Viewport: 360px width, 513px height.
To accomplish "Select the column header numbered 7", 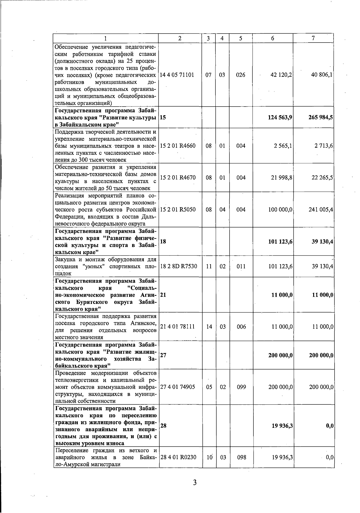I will (313, 38).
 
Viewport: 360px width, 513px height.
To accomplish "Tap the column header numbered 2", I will (180, 38).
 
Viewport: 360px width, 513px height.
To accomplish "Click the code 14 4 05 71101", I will (177, 75).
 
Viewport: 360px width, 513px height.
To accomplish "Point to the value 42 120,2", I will (281, 75).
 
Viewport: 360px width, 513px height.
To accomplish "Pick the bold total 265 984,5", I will (320, 117).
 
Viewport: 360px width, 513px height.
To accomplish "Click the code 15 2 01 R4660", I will (178, 146).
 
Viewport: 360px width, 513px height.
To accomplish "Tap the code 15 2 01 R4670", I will (178, 178).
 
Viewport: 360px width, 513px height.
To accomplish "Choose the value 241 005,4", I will (321, 209).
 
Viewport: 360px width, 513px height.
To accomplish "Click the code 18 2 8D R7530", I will (179, 266).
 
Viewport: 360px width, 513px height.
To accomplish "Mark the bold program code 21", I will (163, 295).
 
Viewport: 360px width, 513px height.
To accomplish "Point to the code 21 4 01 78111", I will (177, 327).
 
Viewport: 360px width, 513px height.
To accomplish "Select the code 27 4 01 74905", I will (178, 387).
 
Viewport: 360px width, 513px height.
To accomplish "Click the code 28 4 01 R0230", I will (178, 457).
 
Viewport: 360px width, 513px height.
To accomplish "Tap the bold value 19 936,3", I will (282, 426).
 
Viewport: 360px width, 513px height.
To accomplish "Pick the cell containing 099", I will (241, 387).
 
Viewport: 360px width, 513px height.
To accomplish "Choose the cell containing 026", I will (241, 75).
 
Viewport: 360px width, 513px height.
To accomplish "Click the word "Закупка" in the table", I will (65, 259).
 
